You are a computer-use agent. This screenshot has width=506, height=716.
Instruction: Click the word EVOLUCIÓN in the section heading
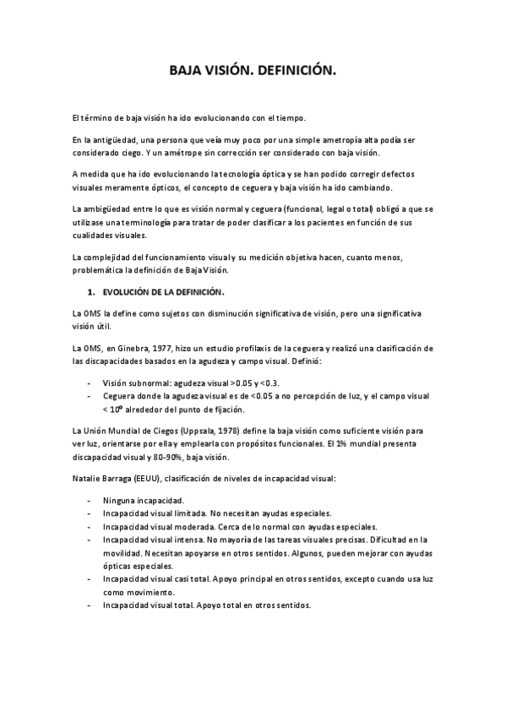click(130, 292)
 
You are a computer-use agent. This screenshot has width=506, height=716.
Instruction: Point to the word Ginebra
click(141, 348)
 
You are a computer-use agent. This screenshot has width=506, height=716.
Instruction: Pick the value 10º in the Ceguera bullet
click(121, 410)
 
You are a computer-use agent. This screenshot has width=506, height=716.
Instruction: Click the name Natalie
click(89, 479)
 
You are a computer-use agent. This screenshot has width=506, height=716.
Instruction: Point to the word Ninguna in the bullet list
click(119, 500)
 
